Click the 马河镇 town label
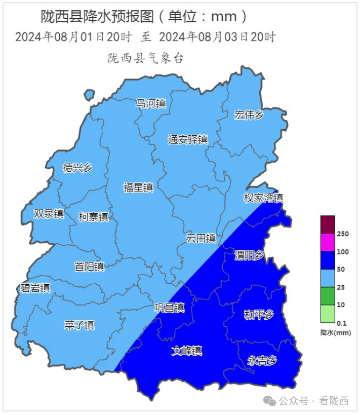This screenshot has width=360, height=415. pos(151,103)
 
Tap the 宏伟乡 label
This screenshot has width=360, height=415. pos(249,115)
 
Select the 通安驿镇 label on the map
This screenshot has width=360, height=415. pos(188,140)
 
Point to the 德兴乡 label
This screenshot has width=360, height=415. pos(77,168)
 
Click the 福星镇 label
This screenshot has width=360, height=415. pos(138,187)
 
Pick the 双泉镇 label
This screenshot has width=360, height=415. pos(49,213)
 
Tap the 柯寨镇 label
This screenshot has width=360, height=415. pos(94,217)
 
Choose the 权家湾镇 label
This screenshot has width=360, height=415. pos(263,198)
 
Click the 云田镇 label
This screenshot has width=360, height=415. pos(201,238)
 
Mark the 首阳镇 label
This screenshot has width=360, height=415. pos(89,266)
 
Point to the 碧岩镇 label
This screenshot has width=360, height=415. pos(35,288)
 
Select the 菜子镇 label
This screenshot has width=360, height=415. pos(79,324)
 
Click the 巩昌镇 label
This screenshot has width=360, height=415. pos(169,308)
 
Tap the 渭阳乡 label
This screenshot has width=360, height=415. pos(249,255)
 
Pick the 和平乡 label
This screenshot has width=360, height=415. pos(259,315)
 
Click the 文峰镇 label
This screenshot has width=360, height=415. pos(187,350)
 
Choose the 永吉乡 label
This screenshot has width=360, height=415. pos(263,360)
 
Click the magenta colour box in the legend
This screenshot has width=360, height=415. pos(328,243)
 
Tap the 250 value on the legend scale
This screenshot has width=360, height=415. pos(343,234)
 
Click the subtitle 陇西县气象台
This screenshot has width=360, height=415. pos(145,58)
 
